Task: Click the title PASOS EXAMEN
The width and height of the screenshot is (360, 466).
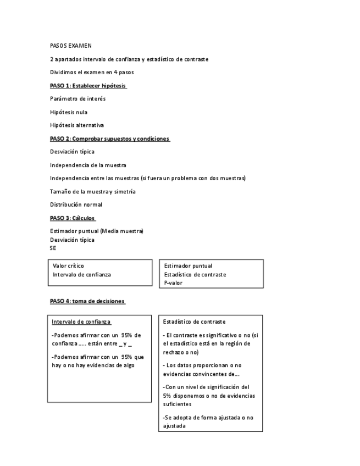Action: [71, 46]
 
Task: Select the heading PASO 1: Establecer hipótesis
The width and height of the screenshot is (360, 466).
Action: [88, 86]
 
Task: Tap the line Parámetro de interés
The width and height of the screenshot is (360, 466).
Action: [77, 99]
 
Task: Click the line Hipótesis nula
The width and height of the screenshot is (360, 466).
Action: [69, 112]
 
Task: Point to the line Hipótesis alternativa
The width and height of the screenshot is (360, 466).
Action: [77, 125]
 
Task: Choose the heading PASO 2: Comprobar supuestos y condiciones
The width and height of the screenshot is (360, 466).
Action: [109, 139]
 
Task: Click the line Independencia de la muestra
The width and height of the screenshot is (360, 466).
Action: [88, 165]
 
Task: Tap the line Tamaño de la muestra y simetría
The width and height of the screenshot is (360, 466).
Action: [93, 191]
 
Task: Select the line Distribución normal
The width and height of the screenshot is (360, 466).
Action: [76, 204]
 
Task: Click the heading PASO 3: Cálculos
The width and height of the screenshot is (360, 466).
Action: [73, 218]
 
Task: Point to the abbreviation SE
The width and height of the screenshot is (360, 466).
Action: [53, 248]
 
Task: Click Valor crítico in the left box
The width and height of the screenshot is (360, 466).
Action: [69, 266]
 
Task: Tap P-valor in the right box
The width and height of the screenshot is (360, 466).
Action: [173, 283]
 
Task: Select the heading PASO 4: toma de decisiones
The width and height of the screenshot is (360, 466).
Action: [87, 301]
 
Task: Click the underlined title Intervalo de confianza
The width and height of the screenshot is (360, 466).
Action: [81, 322]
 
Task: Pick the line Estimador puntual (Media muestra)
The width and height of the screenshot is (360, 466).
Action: [96, 231]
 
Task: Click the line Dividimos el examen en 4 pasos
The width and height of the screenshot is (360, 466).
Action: [92, 73]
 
